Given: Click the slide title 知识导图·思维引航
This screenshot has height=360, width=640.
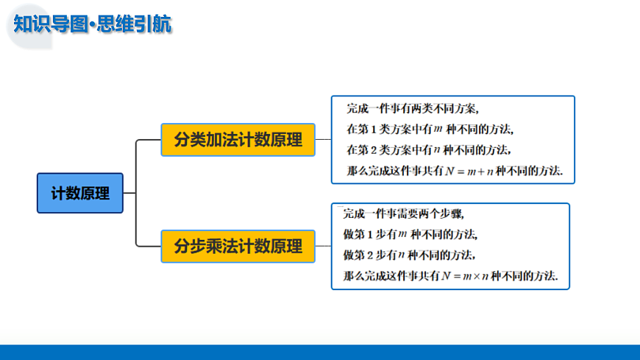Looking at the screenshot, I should click(x=93, y=24).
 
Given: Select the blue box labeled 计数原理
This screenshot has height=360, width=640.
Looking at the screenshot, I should click(x=80, y=193).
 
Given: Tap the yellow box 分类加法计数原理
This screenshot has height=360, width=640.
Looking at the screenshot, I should click(x=238, y=140).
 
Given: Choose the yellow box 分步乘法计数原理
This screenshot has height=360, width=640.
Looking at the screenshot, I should click(x=238, y=246).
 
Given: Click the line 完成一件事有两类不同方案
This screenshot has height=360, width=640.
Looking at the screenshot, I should click(x=412, y=109).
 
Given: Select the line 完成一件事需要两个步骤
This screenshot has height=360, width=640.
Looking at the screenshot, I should click(x=404, y=214).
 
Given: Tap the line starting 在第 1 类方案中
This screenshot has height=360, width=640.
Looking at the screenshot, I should click(x=429, y=130).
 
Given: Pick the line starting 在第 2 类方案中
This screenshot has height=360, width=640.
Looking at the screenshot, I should click(x=429, y=150).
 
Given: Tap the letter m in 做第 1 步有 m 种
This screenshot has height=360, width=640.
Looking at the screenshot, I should click(x=403, y=236).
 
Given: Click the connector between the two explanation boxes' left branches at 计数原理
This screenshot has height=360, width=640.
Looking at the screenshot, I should click(x=136, y=193).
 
